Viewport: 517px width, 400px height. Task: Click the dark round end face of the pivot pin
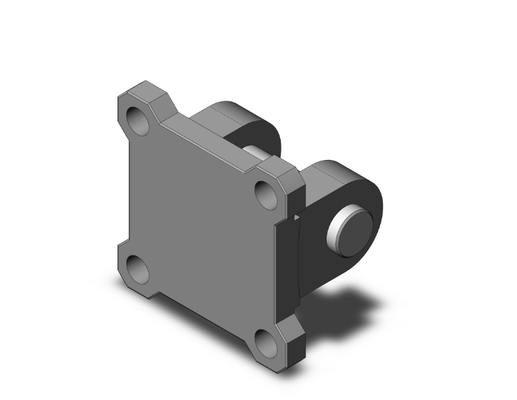[354, 230]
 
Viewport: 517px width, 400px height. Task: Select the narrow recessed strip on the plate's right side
[286, 271]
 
